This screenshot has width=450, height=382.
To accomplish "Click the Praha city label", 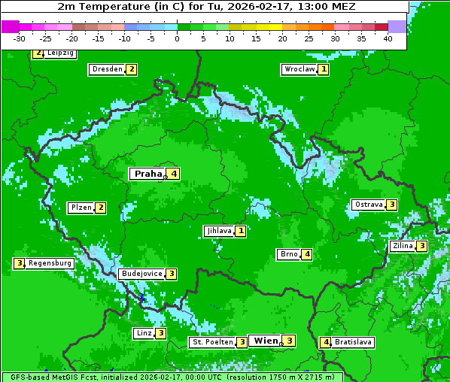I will (x=147, y=174).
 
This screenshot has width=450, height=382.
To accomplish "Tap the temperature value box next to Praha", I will (x=174, y=174).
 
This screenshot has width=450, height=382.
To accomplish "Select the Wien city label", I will (x=266, y=341).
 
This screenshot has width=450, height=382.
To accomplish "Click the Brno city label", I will (x=289, y=254).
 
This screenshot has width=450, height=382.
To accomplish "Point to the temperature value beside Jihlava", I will (x=240, y=231).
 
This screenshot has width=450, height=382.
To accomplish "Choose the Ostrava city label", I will (x=369, y=205).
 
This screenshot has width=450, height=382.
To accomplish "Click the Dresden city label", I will (x=107, y=69).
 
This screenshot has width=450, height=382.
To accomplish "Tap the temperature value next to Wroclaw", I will (x=324, y=69).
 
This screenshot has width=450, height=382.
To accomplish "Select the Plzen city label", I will (x=81, y=208).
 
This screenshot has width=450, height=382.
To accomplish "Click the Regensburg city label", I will (x=50, y=263).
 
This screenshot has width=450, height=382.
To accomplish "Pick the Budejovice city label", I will (x=141, y=274).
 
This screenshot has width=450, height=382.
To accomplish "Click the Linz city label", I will (x=143, y=333).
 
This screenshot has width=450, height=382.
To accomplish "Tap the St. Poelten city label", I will (x=211, y=342).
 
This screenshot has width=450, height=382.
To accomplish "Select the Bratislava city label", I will (x=353, y=342).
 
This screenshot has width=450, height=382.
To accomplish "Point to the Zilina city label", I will (x=403, y=246).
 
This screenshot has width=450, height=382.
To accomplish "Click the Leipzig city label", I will (x=59, y=53).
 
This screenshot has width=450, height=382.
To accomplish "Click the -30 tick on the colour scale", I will (x=20, y=38).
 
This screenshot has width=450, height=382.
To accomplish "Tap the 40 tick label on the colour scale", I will (x=388, y=38).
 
